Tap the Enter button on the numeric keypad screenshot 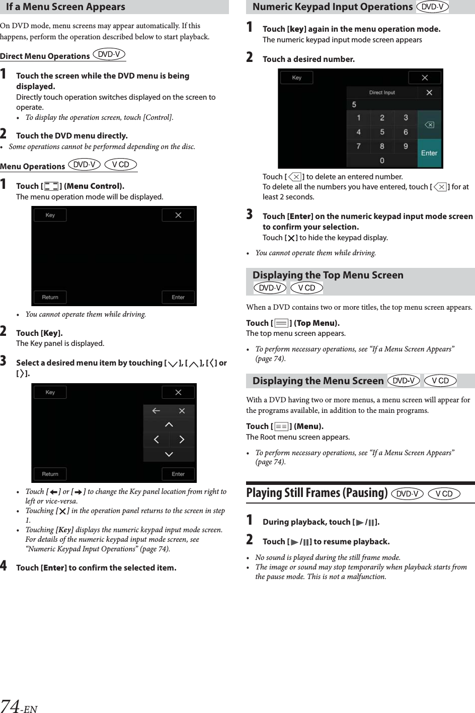(429, 153)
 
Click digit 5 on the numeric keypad (382, 132)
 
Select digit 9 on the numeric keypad (406, 147)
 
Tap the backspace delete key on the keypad (429, 125)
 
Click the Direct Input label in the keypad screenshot (382, 93)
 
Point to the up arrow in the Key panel (169, 425)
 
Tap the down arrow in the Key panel (169, 454)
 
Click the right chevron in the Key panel (182, 440)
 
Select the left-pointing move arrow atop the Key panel (156, 411)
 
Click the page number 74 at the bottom (11, 705)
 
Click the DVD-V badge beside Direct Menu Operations (109, 54)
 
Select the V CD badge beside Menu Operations (121, 165)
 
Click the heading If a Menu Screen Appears (65, 7)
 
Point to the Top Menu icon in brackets (282, 323)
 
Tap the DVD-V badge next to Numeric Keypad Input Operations (432, 7)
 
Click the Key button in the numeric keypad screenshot (297, 78)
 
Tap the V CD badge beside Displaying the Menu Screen (440, 381)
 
